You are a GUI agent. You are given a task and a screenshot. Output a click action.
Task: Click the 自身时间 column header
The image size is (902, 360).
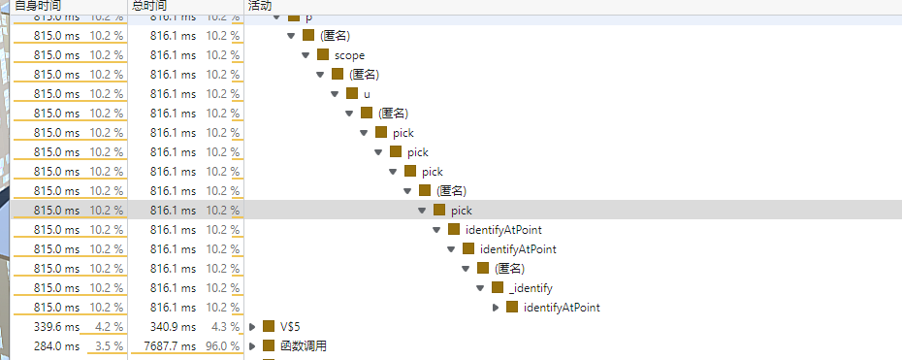point(38,6)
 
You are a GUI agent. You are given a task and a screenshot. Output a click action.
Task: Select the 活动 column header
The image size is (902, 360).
point(259,6)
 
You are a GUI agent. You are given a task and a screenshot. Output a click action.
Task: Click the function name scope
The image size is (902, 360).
point(349,55)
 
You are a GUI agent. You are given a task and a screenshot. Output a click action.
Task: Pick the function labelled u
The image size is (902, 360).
point(367,94)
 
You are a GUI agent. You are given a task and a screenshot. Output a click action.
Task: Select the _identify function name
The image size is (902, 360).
point(531,288)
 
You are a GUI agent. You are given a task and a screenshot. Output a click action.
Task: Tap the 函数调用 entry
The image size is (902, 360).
point(304,346)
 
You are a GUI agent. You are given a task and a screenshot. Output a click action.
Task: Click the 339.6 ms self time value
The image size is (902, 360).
point(56,327)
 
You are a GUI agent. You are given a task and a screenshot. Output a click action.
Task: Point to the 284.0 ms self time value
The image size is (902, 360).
point(56,346)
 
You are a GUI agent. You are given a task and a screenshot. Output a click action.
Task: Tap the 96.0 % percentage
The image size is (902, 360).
point(222,346)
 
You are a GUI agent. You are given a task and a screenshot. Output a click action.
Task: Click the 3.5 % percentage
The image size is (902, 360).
point(110,346)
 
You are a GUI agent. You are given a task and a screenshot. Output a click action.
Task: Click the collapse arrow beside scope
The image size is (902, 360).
point(306,55)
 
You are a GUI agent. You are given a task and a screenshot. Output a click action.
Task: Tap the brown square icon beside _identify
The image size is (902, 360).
point(498,288)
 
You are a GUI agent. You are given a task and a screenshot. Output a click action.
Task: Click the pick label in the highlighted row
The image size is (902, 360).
point(462,211)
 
